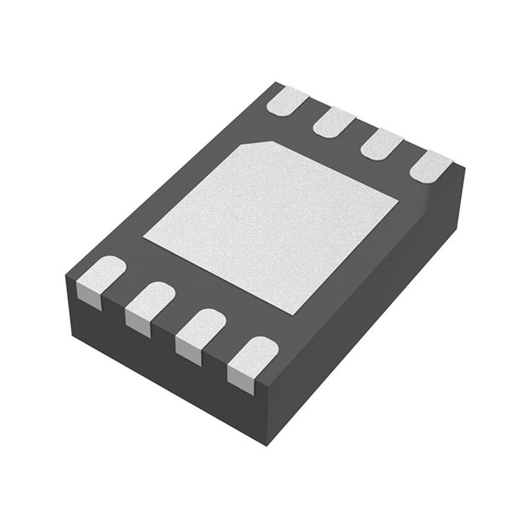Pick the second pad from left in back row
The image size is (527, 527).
pyautogui.click(x=334, y=123)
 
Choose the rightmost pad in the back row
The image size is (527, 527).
pyautogui.click(x=430, y=165)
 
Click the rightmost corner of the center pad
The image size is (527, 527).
pyautogui.click(x=398, y=198)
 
